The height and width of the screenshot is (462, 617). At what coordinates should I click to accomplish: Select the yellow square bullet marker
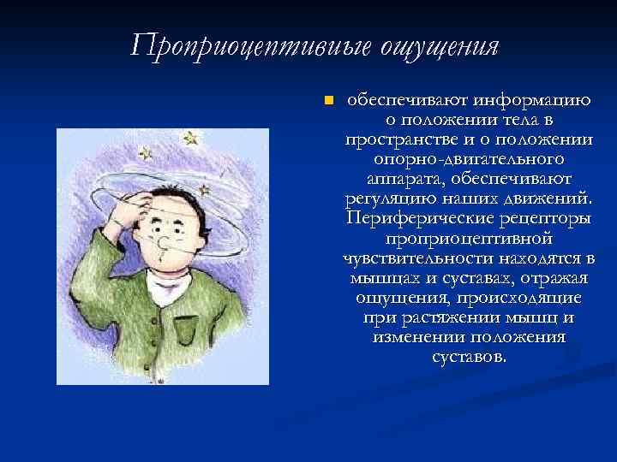point(326,102)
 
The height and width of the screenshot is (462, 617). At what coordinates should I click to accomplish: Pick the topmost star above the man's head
point(190,138)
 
